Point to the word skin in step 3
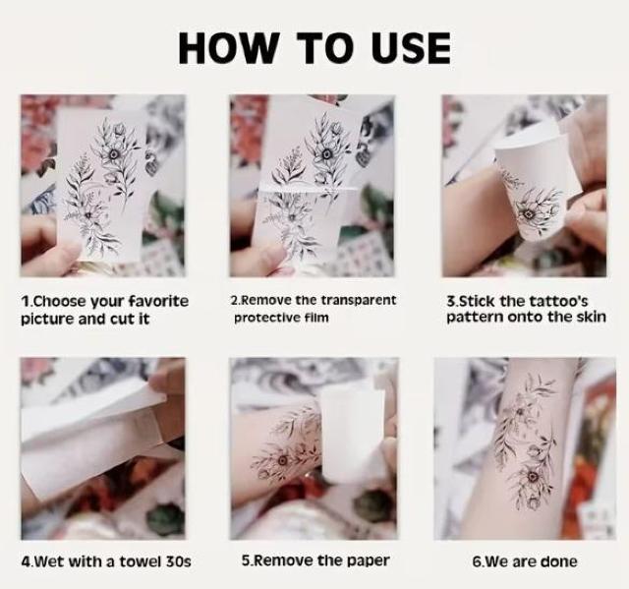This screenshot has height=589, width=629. pos(592,317)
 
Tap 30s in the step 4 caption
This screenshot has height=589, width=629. pos(179,561)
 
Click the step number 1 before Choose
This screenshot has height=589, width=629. pos(24,301)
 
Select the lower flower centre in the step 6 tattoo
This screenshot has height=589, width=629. pos(533,477)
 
